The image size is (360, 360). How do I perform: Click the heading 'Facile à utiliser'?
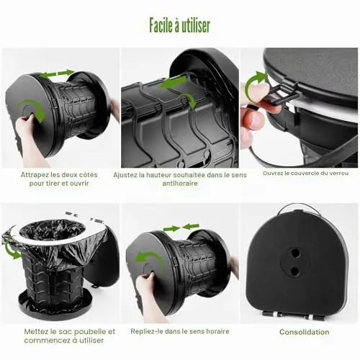pyautogui.click(x=180, y=26)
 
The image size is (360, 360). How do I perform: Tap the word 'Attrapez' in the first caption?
pyautogui.click(x=32, y=175)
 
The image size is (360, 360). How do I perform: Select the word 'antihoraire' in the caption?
pyautogui.click(x=180, y=184)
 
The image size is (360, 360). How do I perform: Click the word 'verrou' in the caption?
pyautogui.click(x=338, y=173)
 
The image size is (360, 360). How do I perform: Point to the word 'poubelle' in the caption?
pyautogui.click(x=89, y=332)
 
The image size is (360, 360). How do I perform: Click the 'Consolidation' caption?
pyautogui.click(x=305, y=332)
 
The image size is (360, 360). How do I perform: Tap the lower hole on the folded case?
pyautogui.click(x=294, y=271)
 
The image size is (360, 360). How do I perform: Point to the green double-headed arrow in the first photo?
pyautogui.click(x=57, y=73)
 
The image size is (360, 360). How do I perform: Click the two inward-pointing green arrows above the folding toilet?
pyautogui.click(x=181, y=227)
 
